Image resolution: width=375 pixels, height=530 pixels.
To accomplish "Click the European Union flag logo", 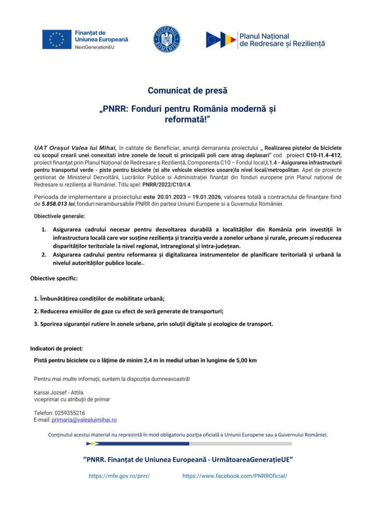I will pos(57,39).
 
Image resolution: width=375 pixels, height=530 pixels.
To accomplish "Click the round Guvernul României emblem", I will pos(167,39).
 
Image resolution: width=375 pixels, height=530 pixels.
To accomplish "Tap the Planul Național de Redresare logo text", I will pos(281,40).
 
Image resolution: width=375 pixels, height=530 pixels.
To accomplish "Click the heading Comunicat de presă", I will pos(187,91).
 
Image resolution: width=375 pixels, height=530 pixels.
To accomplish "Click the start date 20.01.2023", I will pos(173,197).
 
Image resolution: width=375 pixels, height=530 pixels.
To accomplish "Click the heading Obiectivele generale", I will pos(59,216).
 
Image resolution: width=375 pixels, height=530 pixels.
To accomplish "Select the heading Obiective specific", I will pos(54,278).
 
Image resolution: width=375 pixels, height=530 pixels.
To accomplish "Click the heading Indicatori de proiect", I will pos(56,348).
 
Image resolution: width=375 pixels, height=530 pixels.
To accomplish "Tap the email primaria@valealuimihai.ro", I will pos(84,420).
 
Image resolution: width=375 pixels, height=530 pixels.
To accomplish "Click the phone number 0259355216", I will pos(70,413).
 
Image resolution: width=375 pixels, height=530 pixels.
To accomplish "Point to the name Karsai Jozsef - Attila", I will pos(58,392).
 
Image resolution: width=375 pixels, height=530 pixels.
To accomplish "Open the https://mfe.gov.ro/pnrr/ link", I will pos(119,476).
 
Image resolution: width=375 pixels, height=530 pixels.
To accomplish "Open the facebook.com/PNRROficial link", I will pos(234,476).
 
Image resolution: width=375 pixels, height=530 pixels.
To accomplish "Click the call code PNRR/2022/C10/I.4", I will pos(166,184).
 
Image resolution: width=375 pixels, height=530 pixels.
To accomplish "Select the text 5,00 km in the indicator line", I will pos(245,360).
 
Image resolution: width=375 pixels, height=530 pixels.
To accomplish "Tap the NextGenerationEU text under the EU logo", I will pos(94,47).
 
